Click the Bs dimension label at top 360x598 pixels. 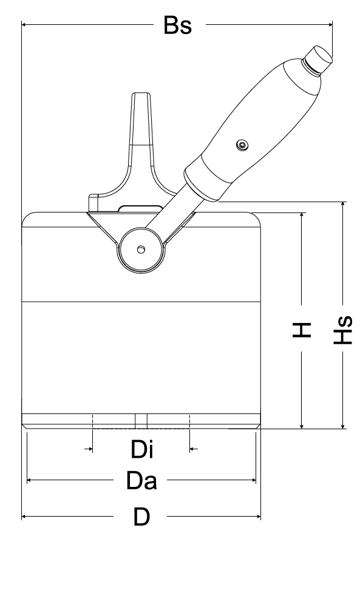pos(178,25)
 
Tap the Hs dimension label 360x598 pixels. pos(344,330)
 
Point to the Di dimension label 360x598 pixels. pos(141,450)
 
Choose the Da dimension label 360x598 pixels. pos(141,481)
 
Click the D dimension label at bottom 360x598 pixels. pos(141,517)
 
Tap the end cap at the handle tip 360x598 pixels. pos(320,59)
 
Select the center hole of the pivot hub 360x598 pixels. pos(141,250)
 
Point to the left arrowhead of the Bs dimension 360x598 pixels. pos(24,25)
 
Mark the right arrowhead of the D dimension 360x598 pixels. pos(258,517)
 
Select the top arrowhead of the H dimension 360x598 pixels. pos(301,215)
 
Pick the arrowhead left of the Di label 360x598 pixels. pos(89,449)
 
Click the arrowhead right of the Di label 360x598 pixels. pos(193,449)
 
